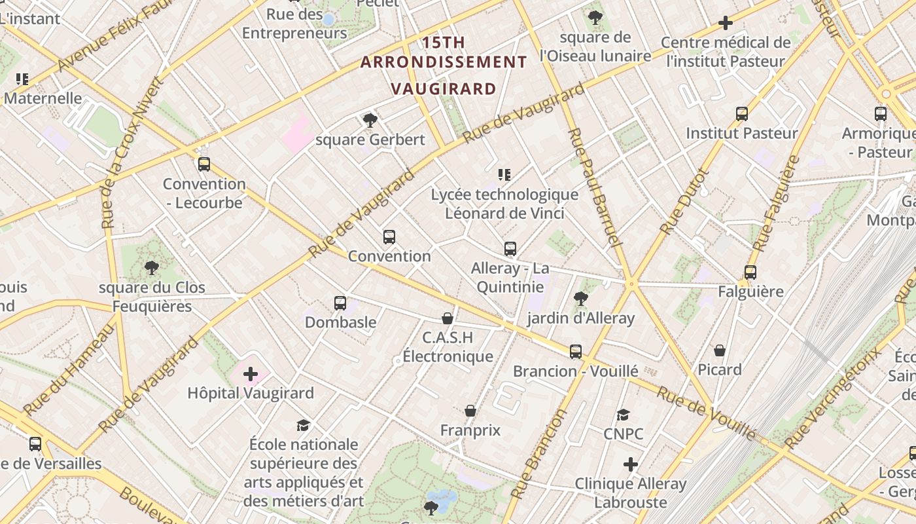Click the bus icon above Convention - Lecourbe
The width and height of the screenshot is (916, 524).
(204, 164)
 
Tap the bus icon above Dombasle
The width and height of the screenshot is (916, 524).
(340, 303)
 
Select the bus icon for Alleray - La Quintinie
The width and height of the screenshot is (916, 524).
(510, 249)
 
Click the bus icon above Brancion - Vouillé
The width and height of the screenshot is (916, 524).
(576, 352)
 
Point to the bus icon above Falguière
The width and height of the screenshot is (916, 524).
(750, 272)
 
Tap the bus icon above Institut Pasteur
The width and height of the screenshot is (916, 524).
(742, 114)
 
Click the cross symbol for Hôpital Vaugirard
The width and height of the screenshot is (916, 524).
(251, 374)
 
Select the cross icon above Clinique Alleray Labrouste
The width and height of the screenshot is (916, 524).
(631, 464)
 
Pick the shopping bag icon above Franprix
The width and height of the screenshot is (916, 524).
(470, 411)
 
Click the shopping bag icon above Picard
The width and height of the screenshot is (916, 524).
(720, 350)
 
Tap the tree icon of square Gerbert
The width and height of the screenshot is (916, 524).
(370, 120)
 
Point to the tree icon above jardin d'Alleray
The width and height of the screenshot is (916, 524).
(580, 299)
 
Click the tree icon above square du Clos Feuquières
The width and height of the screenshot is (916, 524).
(152, 267)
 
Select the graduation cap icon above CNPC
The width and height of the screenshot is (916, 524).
(623, 415)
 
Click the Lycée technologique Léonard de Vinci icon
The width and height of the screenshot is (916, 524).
(504, 175)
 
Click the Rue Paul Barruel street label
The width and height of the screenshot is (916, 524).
(593, 187)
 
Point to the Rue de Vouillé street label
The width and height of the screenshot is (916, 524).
(707, 413)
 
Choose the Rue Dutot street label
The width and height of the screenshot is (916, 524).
(684, 202)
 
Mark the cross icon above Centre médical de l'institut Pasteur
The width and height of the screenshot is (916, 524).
(726, 23)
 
